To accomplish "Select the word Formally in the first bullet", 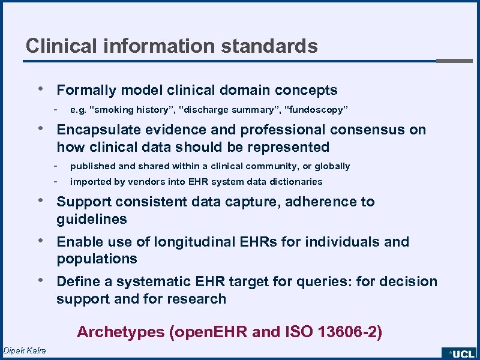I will tap(86, 91).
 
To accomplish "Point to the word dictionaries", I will tap(294, 182).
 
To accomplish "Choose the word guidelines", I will tap(92, 220).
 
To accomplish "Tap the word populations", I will tap(97, 259).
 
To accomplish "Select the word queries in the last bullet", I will tap(330, 282).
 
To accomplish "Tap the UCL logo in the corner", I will tap(460, 353).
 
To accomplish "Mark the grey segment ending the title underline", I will tap(454, 61).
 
